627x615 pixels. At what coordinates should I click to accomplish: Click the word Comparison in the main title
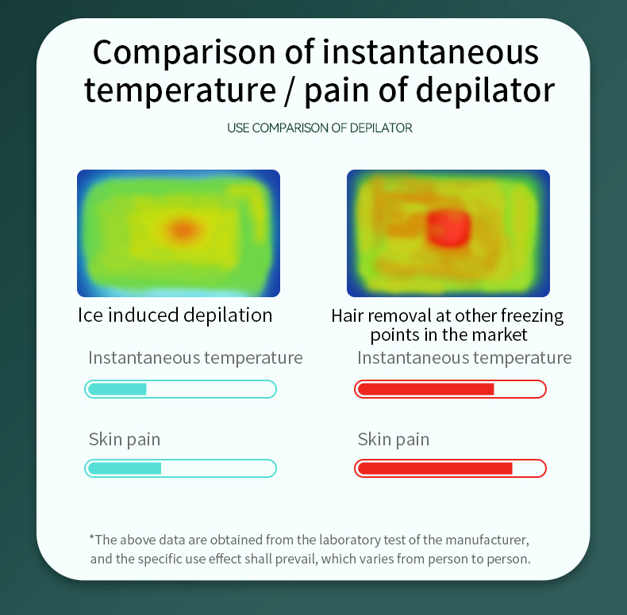click(184, 52)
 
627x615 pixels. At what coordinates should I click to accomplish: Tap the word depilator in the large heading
click(485, 90)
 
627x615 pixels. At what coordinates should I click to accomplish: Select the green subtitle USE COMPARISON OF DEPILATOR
click(320, 128)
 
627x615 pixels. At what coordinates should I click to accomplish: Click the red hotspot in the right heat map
click(448, 228)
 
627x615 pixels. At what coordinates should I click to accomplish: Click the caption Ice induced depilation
click(175, 315)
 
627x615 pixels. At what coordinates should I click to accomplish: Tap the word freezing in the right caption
click(532, 315)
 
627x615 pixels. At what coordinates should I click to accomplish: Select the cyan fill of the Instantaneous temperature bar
click(117, 389)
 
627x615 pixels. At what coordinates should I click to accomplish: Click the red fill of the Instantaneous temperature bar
click(426, 389)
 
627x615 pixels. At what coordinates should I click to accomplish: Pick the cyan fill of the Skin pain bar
click(125, 468)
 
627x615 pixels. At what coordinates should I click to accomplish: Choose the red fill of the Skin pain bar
click(435, 468)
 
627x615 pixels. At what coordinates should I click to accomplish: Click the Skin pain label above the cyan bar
click(125, 439)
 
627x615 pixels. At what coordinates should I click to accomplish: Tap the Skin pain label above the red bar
click(394, 439)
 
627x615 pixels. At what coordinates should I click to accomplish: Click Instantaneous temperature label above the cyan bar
click(195, 357)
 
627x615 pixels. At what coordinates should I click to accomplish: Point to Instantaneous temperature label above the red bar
click(464, 357)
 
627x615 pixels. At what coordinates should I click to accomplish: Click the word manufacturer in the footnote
click(487, 540)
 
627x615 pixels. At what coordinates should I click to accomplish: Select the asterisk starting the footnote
click(92, 537)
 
